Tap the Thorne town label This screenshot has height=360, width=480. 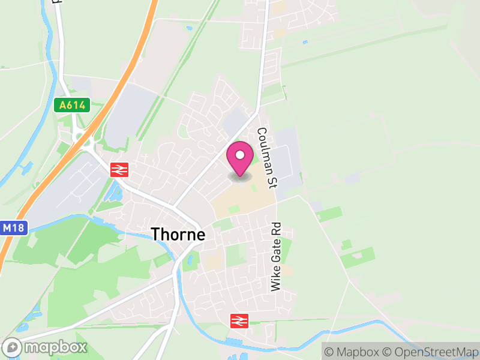pyautogui.click(x=178, y=234)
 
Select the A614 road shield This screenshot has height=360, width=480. pyautogui.click(x=72, y=106)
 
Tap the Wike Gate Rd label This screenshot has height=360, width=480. pyautogui.click(x=276, y=257)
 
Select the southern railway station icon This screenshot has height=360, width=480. pyautogui.click(x=239, y=321)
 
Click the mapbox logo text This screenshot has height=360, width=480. pyautogui.click(x=55, y=347)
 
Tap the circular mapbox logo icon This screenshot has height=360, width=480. pyautogui.click(x=12, y=347)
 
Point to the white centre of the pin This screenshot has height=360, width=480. pyautogui.click(x=240, y=155)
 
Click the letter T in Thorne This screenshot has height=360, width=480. pyautogui.click(x=155, y=234)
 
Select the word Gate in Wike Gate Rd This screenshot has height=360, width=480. pyautogui.click(x=276, y=254)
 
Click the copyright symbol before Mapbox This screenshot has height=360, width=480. pyautogui.click(x=328, y=352)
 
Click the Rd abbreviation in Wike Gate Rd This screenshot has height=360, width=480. pyautogui.click(x=276, y=230)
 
